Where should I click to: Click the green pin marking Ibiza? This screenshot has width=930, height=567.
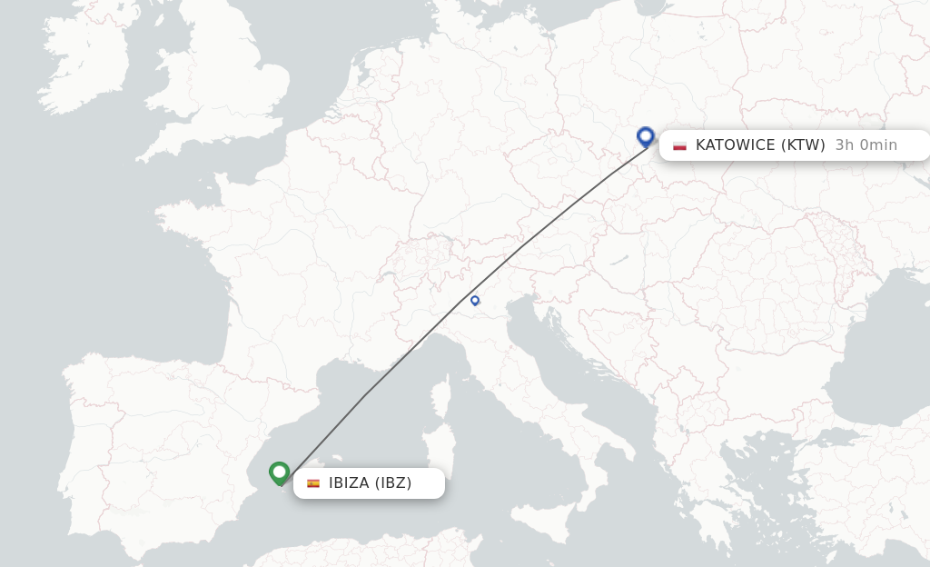tap(279, 472)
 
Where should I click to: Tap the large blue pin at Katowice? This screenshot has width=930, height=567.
tap(646, 137)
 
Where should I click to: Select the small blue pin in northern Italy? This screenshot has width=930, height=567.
tap(475, 300)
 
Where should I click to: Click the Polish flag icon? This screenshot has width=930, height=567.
tap(679, 145)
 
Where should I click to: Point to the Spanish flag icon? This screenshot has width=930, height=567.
tap(313, 483)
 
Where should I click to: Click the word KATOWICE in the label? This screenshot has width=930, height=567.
tap(735, 145)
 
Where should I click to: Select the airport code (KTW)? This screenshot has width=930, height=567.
tap(803, 145)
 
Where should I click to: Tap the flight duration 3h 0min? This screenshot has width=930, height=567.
tap(866, 145)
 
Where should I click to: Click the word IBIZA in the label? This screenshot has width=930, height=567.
tap(349, 483)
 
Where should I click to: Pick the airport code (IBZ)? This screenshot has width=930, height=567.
tap(394, 483)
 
